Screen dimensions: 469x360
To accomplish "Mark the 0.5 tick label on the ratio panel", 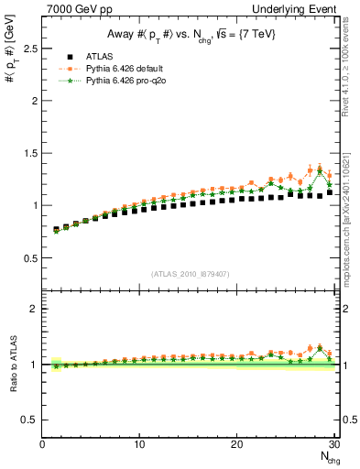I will pyautogui.click(x=27, y=420).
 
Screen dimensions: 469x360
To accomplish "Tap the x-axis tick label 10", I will pyautogui.click(x=139, y=444).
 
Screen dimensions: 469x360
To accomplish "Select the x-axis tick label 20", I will pyautogui.click(x=236, y=444).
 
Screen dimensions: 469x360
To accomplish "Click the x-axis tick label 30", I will pyautogui.click(x=333, y=444).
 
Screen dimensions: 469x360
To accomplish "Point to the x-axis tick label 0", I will pyautogui.click(x=42, y=444).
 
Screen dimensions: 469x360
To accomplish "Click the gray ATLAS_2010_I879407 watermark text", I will pyautogui.click(x=189, y=273).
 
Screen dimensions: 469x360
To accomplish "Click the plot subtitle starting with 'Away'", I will pyautogui.click(x=189, y=34).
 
